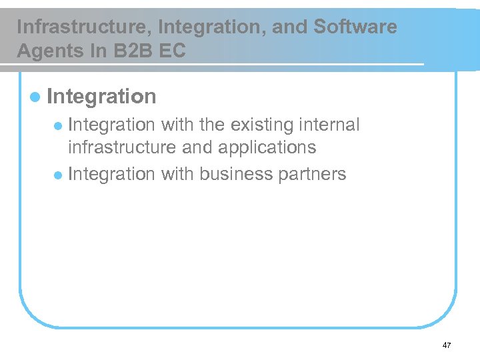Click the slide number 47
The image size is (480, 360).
click(x=446, y=345)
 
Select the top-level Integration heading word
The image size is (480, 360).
click(x=102, y=96)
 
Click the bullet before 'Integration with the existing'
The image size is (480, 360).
click(x=59, y=126)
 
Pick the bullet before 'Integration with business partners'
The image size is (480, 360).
click(x=59, y=175)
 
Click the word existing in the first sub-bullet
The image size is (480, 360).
click(x=262, y=125)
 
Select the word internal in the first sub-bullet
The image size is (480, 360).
click(x=329, y=125)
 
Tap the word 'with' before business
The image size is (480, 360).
click(x=177, y=175)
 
